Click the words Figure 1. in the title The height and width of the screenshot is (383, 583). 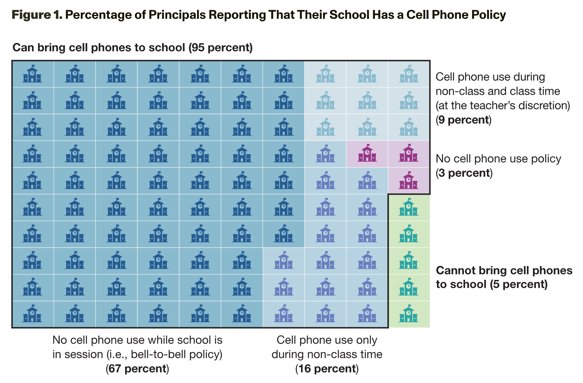pos(37,15)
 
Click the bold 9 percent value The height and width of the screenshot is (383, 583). pos(463,120)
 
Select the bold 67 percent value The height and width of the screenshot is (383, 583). pos(137,369)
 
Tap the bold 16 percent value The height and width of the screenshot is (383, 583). pos(327,369)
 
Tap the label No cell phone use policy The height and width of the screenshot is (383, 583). pos(498,159)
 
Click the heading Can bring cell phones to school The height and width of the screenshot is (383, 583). pos(99,48)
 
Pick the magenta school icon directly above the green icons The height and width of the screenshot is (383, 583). pos(409,180)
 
